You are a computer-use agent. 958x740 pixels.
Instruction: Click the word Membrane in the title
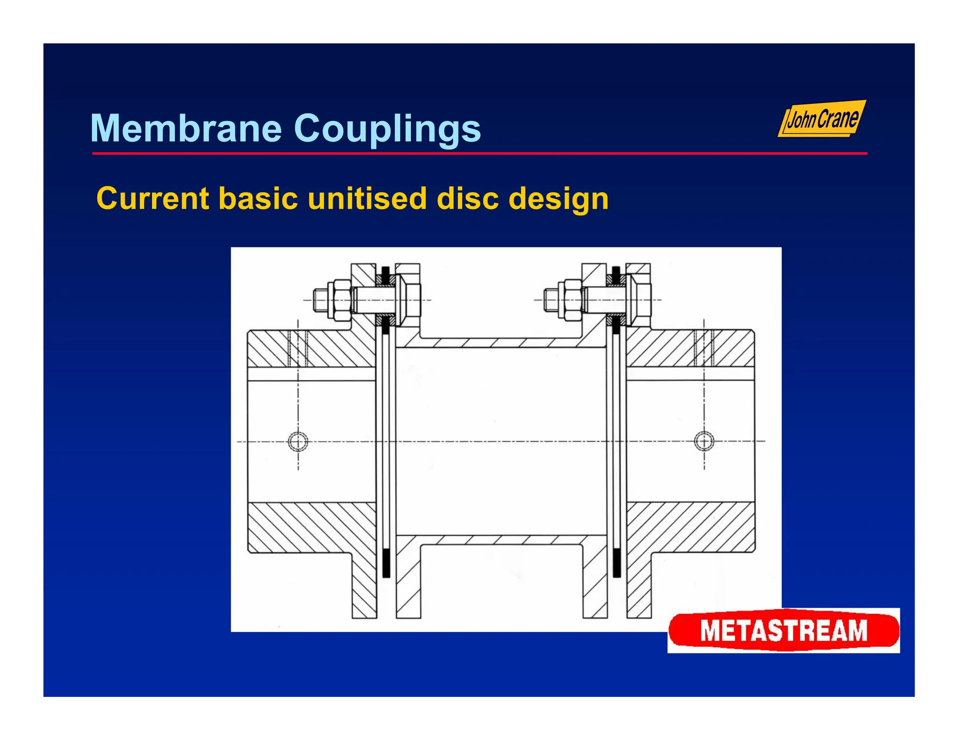tap(186, 129)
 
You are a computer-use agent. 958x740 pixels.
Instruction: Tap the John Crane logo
tap(822, 119)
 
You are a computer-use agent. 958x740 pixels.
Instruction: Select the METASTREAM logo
tap(784, 630)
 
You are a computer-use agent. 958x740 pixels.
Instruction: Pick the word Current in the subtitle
tap(152, 199)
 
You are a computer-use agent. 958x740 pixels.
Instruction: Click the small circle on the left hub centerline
tap(298, 441)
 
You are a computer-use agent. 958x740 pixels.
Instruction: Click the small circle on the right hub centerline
tap(704, 441)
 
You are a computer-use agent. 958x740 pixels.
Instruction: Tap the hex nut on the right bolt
tap(573, 300)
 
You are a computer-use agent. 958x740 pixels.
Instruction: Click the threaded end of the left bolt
tap(320, 300)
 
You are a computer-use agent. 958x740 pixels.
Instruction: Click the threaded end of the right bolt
tap(550, 300)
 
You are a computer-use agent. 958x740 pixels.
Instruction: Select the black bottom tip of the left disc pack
tap(386, 564)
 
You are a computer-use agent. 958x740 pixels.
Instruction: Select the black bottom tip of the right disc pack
tap(617, 564)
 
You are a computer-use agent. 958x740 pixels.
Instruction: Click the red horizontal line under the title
tap(479, 153)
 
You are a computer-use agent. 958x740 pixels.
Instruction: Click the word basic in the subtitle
tap(258, 199)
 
